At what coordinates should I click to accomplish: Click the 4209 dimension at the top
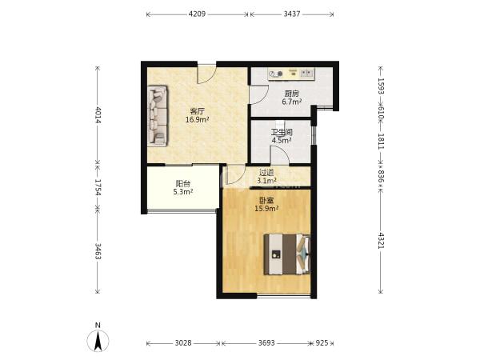point(197,14)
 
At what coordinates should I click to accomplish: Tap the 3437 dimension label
point(292,14)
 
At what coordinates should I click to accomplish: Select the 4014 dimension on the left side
point(98,114)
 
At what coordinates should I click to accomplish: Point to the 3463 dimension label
point(98,251)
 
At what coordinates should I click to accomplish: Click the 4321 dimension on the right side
point(381,241)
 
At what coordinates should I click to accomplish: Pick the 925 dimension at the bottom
point(322,343)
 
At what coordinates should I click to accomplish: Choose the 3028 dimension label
point(183,343)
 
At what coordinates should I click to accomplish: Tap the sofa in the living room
point(158,116)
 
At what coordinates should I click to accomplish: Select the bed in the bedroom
point(287,254)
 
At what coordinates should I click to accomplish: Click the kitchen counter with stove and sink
point(291,74)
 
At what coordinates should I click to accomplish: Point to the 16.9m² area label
point(197,120)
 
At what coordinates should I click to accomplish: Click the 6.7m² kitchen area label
point(292,102)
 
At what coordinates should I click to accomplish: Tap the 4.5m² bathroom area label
point(282,141)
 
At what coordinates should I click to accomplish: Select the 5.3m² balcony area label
point(183,192)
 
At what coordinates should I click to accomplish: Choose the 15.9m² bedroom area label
point(266,209)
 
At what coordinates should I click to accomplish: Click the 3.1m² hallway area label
point(266,181)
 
